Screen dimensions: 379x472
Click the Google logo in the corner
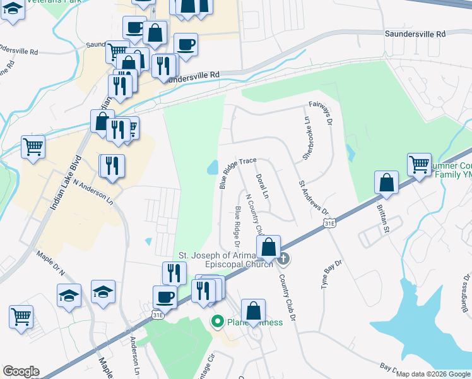[21, 371]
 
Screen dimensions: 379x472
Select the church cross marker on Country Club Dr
[284, 258]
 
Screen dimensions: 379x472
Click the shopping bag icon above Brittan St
[386, 183]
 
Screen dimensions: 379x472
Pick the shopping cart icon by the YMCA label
[419, 165]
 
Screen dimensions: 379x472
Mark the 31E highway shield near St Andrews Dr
[328, 224]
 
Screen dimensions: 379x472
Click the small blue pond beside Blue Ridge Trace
[212, 167]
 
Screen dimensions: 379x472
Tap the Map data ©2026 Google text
[433, 374]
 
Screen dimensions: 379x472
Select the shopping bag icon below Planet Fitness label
[252, 311]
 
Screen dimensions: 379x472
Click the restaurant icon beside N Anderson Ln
[113, 166]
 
